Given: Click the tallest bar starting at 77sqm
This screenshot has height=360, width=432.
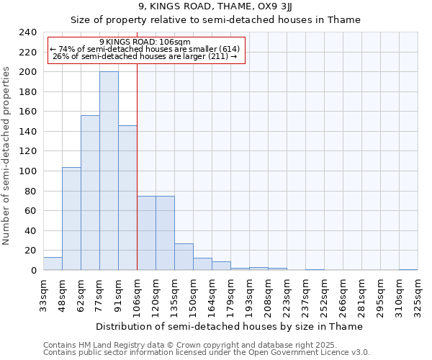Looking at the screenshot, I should point(109,171).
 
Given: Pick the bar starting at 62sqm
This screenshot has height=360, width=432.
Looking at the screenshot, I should point(90,192).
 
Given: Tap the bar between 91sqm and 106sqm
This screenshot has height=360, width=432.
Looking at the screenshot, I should point(127,197).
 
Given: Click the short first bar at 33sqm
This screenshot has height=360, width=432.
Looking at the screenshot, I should point(53,264).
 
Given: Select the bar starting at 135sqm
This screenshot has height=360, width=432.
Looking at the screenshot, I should point(184,256).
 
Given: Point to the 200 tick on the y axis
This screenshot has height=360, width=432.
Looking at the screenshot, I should point(27,72).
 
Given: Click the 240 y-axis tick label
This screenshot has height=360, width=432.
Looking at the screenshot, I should point(27,32).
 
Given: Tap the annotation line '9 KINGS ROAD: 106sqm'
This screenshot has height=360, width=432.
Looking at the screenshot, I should point(145,42).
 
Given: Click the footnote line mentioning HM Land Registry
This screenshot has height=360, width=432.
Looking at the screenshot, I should point(206,345).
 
